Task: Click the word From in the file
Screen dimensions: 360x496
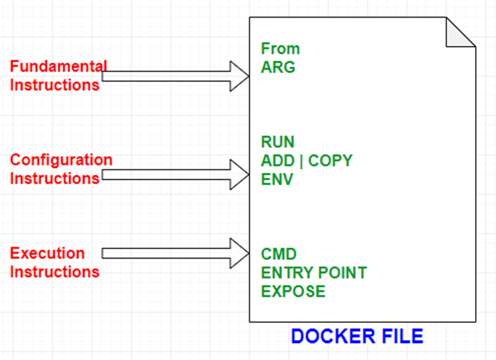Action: point(280,48)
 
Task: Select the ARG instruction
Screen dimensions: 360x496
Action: point(278,67)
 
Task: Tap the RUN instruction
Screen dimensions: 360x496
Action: point(278,142)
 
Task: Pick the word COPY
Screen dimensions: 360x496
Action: point(330,160)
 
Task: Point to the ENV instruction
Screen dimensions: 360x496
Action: point(277,179)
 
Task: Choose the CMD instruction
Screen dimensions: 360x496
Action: point(278,254)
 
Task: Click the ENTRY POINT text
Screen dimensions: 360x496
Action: point(313,273)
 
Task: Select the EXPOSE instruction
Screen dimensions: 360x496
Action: point(293,291)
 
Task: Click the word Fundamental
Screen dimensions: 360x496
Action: point(59,66)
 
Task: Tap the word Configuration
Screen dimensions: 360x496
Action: point(61,160)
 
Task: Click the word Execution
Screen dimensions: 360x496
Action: point(47,254)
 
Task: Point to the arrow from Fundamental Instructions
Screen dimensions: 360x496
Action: point(176,76)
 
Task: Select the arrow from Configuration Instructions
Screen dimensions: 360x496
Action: point(176,174)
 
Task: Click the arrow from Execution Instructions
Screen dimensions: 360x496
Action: point(176,253)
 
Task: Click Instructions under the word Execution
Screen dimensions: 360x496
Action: point(55,272)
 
